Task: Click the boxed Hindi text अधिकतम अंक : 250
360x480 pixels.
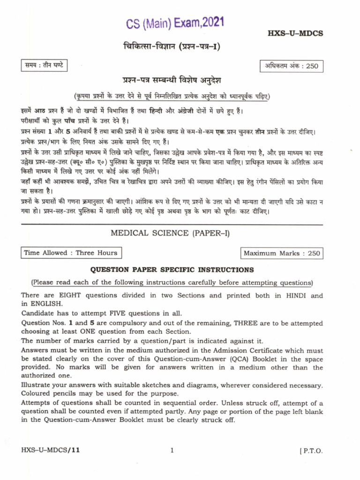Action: coord(291,66)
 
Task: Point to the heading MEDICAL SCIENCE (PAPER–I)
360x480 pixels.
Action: coord(170,233)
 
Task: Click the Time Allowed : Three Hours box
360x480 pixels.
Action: coord(71,253)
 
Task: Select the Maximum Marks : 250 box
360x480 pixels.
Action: coord(281,253)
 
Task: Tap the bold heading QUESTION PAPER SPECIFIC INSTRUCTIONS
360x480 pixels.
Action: coord(172,270)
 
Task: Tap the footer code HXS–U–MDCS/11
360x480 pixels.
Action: coord(51,450)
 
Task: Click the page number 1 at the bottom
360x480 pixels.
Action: coord(172,450)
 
